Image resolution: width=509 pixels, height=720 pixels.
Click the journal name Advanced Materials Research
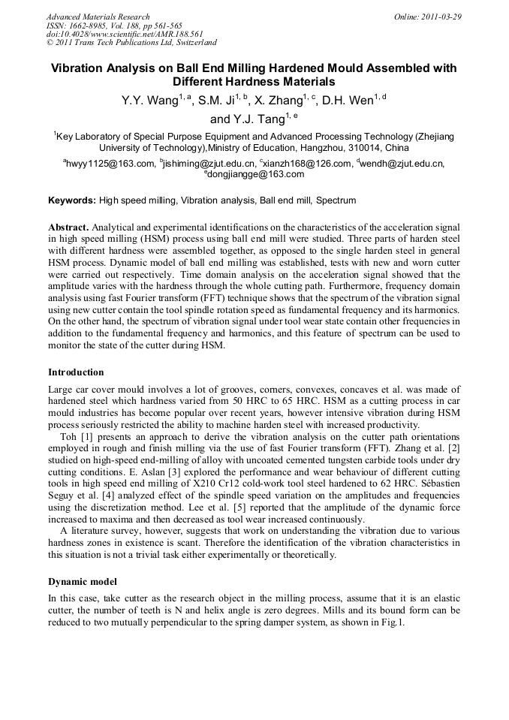(98, 17)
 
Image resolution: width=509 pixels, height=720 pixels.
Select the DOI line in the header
(125, 34)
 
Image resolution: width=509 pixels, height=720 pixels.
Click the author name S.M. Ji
(217, 101)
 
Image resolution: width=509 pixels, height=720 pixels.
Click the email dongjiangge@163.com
(256, 174)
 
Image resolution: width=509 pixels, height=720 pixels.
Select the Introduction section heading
(76, 372)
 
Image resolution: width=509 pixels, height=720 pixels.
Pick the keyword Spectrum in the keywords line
(336, 200)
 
